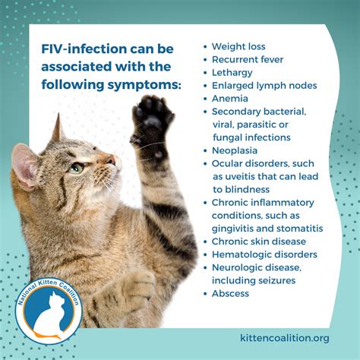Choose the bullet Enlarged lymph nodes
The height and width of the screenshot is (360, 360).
click(x=264, y=85)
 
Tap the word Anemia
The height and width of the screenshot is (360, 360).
click(x=231, y=98)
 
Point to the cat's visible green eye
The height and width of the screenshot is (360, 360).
click(x=77, y=168)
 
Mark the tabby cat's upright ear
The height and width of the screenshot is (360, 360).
click(x=55, y=134)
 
